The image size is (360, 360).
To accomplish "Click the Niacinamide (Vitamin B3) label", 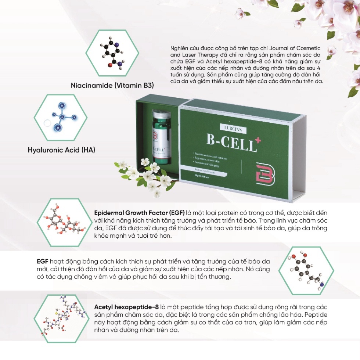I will (x=112, y=86).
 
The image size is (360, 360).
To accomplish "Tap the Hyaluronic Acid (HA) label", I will (x=61, y=150).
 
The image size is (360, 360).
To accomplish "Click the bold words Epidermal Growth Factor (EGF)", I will (x=139, y=213).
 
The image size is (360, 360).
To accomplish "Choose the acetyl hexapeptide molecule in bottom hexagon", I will (x=62, y=316).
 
